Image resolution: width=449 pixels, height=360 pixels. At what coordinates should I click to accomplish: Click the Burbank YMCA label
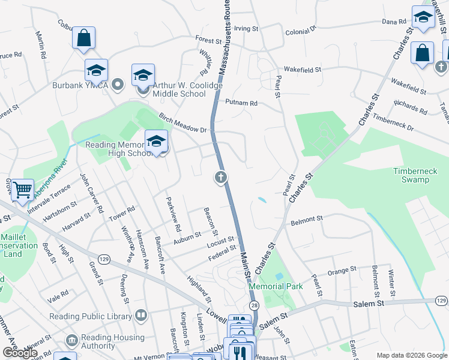coord(81,85)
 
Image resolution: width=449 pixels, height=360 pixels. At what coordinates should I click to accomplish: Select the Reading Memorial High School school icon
coord(156,142)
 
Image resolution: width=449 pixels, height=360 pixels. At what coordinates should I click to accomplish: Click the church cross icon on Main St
coord(221,177)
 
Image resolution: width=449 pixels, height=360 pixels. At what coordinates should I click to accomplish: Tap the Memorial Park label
coord(276,286)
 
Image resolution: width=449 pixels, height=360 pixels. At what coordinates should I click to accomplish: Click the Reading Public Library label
coord(91,316)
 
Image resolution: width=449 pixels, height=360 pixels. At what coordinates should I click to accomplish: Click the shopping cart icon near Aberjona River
coord(22,190)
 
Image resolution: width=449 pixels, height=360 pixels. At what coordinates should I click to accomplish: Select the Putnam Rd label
coord(241,103)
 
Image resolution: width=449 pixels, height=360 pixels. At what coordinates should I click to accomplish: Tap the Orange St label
coord(342,271)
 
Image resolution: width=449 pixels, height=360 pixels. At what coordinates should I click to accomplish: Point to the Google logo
coord(20,353)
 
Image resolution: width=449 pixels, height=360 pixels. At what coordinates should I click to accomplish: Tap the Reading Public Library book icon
coord(141,315)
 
